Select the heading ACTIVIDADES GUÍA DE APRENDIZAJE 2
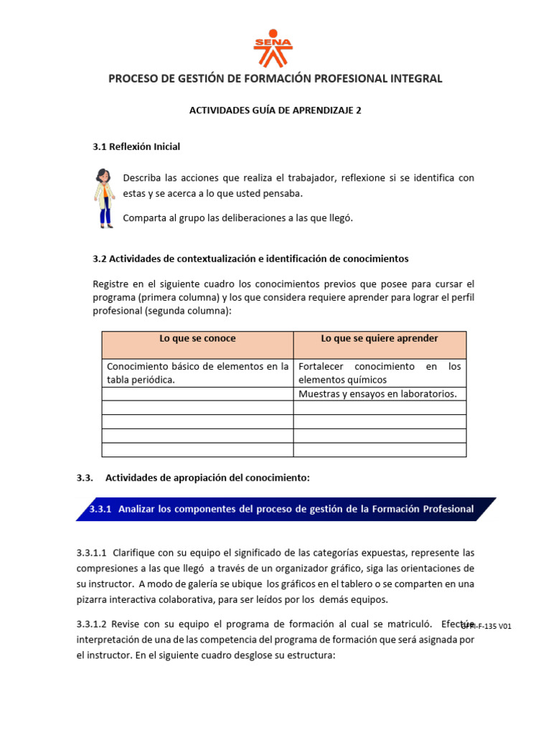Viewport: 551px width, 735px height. [275, 111]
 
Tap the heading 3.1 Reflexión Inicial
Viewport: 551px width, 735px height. [136, 146]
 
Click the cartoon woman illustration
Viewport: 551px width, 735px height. [105, 198]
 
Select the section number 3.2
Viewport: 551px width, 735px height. [100, 258]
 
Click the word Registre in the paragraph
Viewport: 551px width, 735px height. [111, 284]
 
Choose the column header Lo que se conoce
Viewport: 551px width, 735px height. [197, 339]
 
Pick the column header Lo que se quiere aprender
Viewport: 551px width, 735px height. [380, 339]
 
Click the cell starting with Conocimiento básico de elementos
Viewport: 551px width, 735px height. [197, 373]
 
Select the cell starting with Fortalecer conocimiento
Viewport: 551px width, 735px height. [380, 373]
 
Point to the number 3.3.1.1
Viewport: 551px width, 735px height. [91, 553]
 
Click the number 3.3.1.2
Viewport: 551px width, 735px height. [91, 624]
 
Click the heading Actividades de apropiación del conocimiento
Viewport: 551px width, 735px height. [207, 477]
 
